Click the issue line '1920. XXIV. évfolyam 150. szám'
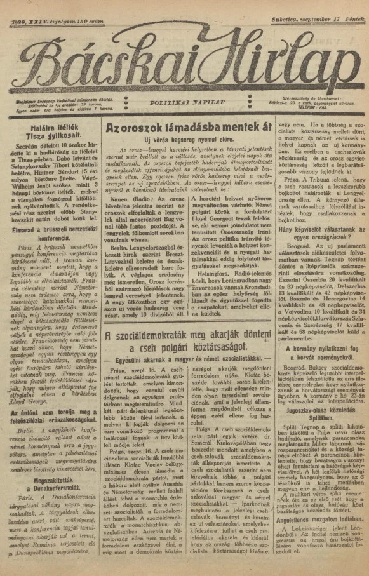pos(57,6)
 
